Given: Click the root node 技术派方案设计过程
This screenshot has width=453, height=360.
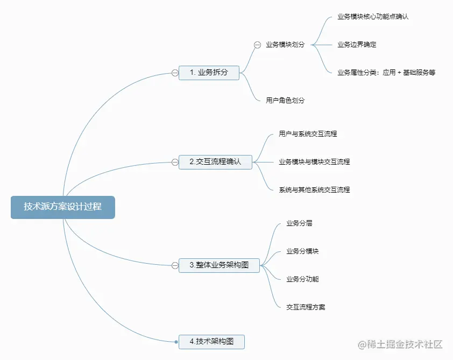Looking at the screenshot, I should tap(62, 207).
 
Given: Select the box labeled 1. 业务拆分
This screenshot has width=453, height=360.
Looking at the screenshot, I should tap(209, 73).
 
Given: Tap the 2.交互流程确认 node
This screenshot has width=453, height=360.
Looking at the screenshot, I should tap(215, 161).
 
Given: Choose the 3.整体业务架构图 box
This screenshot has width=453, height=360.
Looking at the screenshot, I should tap(219, 265).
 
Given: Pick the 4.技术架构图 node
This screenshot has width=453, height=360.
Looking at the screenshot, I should tap(211, 341).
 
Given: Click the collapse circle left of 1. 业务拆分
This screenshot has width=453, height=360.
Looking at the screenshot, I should tap(175, 73).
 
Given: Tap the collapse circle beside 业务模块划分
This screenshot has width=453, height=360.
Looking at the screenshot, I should tap(257, 45).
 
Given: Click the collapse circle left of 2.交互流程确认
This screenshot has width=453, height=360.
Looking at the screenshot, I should tap(175, 161).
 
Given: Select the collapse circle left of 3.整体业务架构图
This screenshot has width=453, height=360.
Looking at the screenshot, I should tap(175, 265).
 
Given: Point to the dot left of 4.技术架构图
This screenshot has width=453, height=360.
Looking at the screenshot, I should tap(176, 341).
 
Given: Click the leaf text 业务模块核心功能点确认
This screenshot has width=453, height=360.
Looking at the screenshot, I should tap(373, 17).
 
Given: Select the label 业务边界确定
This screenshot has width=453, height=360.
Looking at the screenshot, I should tap(357, 45).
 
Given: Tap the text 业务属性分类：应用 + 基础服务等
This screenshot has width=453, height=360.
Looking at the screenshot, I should tap(386, 73).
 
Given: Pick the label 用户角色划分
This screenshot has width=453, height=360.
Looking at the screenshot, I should tap(285, 101).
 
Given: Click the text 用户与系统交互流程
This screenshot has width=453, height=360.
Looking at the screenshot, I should tap(308, 133).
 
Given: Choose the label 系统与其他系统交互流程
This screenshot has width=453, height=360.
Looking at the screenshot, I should tap(314, 190).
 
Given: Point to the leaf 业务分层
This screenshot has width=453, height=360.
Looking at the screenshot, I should tap(299, 223).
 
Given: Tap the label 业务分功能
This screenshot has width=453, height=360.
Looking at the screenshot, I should tap(302, 279).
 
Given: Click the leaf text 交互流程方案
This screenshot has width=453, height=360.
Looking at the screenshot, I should tap(306, 307).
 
